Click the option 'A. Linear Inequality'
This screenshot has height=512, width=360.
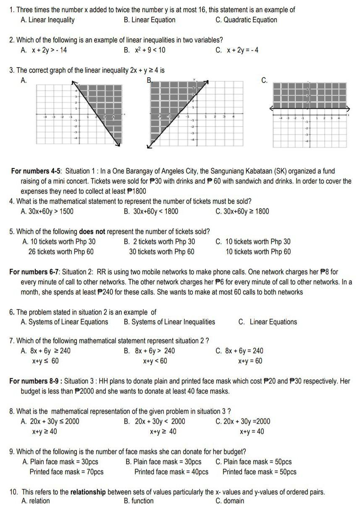[47, 20]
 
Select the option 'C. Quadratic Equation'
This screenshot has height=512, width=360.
[246, 20]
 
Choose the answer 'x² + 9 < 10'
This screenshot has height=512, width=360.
[150, 50]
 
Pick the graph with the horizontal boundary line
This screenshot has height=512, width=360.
[310, 114]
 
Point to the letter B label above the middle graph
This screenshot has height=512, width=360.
[148, 80]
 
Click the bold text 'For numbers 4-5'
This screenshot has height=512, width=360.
[36, 171]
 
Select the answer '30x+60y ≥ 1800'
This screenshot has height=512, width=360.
[242, 211]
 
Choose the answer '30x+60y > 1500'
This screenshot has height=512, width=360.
[47, 211]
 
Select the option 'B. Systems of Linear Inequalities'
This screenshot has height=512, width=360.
[169, 322]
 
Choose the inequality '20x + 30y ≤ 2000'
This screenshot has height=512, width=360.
[55, 421]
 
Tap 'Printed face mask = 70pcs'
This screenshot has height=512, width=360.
[66, 472]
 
